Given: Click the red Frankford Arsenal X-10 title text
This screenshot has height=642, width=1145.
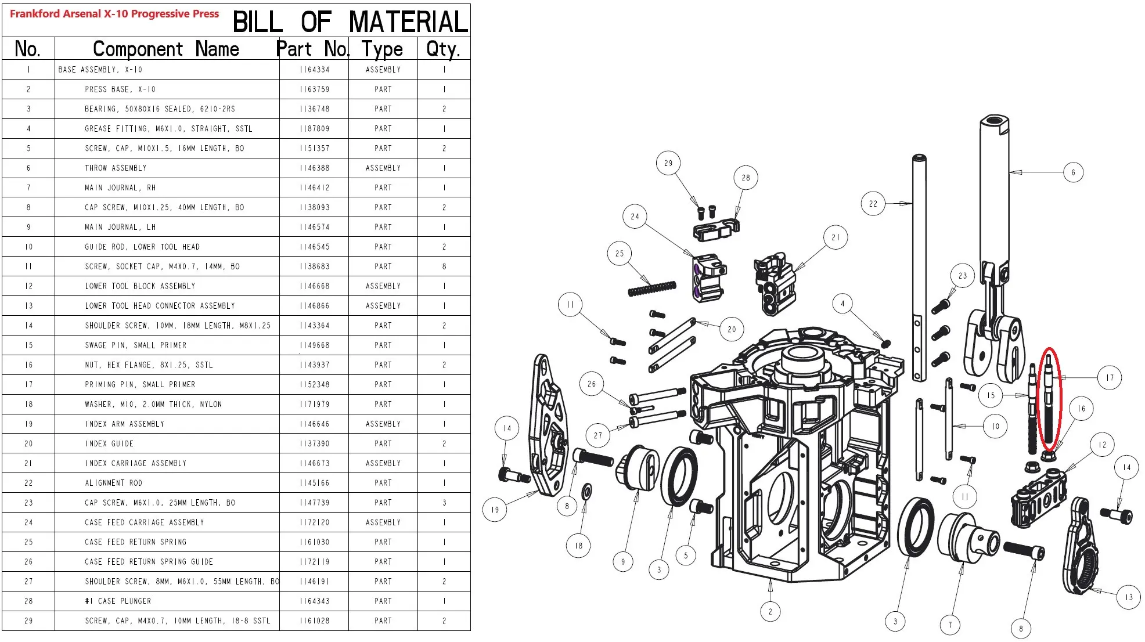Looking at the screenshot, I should coord(114,14).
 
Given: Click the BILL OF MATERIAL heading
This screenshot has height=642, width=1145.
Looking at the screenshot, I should coord(350,22).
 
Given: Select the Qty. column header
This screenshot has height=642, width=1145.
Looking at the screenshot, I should coord(443,49).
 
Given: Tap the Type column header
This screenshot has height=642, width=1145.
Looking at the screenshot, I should coord(382,49).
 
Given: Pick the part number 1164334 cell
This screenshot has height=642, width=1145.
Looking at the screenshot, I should coord(314,70).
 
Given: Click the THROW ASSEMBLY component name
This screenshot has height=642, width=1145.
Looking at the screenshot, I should coord(116,168).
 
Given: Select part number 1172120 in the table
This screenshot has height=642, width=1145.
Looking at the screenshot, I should coord(314,522).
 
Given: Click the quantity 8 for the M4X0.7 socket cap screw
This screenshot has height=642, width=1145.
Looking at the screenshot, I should coord(444,266).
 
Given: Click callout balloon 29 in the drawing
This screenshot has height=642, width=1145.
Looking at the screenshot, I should coord(668,163).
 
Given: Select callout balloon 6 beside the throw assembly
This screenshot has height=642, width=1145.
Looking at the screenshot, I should coord(1073,172).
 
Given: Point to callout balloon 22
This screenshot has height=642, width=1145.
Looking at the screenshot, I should coord(873,204).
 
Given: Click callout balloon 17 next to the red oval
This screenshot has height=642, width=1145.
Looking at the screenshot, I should coord(1110,378).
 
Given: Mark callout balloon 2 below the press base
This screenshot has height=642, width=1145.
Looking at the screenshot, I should coord(770,611).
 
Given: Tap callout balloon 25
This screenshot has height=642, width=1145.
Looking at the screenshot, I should coord(620,254).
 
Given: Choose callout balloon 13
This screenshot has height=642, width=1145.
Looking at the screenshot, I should coord(1128,597).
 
